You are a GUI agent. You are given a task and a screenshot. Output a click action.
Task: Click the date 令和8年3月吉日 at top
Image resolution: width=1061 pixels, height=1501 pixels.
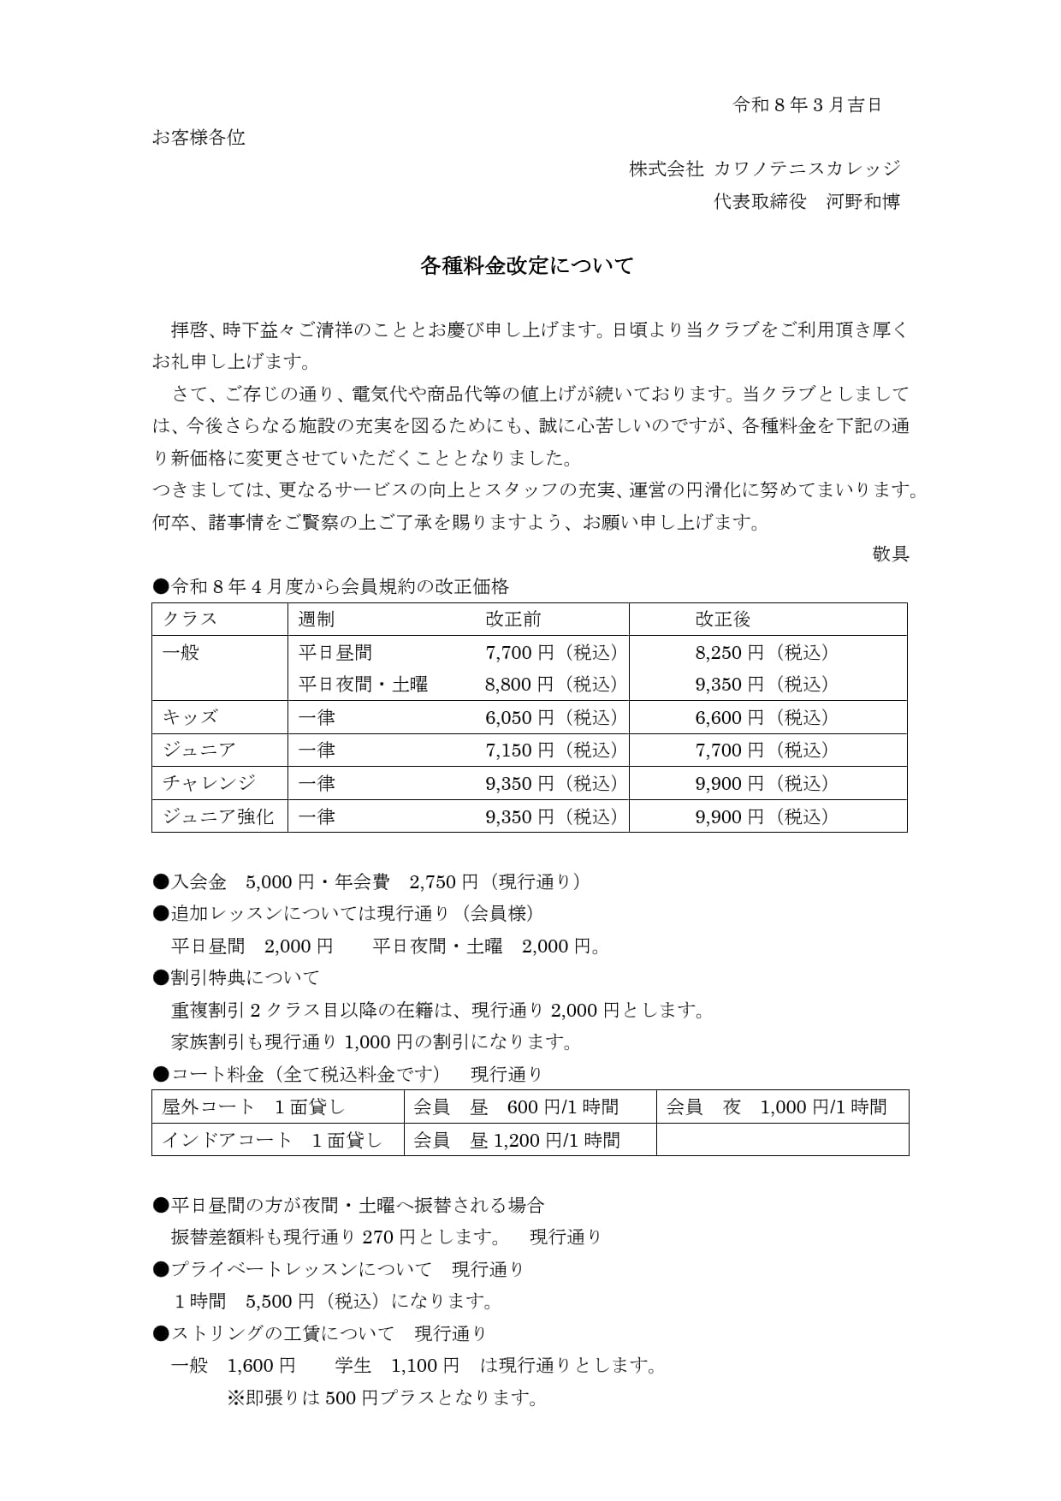click(x=807, y=105)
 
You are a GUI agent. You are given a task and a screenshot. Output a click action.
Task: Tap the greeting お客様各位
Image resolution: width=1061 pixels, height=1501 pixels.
click(x=199, y=138)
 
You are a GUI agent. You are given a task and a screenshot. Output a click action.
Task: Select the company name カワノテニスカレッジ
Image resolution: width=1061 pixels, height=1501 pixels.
click(x=807, y=169)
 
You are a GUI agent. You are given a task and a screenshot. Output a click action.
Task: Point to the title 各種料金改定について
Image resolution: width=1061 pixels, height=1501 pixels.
click(x=526, y=266)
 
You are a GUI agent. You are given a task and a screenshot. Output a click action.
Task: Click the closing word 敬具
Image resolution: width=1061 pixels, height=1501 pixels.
click(x=890, y=554)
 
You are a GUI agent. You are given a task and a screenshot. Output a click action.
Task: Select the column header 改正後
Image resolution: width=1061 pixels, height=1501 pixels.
click(x=722, y=620)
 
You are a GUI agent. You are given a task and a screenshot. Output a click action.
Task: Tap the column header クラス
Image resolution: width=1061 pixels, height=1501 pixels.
click(x=190, y=620)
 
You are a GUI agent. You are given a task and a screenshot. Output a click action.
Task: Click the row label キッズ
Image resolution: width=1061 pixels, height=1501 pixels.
click(x=190, y=717)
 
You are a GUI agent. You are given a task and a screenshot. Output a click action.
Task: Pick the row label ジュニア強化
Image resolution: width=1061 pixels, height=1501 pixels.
click(x=218, y=816)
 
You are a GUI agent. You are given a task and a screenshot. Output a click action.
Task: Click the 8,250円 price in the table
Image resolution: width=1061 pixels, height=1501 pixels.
click(x=729, y=653)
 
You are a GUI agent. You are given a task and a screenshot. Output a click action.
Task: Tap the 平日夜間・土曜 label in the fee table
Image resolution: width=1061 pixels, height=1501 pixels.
click(x=363, y=685)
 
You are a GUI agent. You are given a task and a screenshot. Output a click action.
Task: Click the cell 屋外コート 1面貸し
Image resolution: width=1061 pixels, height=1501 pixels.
click(x=253, y=1106)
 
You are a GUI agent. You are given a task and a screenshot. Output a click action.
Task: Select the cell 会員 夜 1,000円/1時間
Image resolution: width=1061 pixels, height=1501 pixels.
click(x=776, y=1106)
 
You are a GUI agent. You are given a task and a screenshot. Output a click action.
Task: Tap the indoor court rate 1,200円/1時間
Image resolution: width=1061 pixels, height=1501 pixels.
click(x=556, y=1140)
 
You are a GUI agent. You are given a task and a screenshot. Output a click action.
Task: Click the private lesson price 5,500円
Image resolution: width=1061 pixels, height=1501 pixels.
click(x=280, y=1302)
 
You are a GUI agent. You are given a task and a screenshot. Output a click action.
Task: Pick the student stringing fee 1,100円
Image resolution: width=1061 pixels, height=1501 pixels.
click(x=425, y=1366)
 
